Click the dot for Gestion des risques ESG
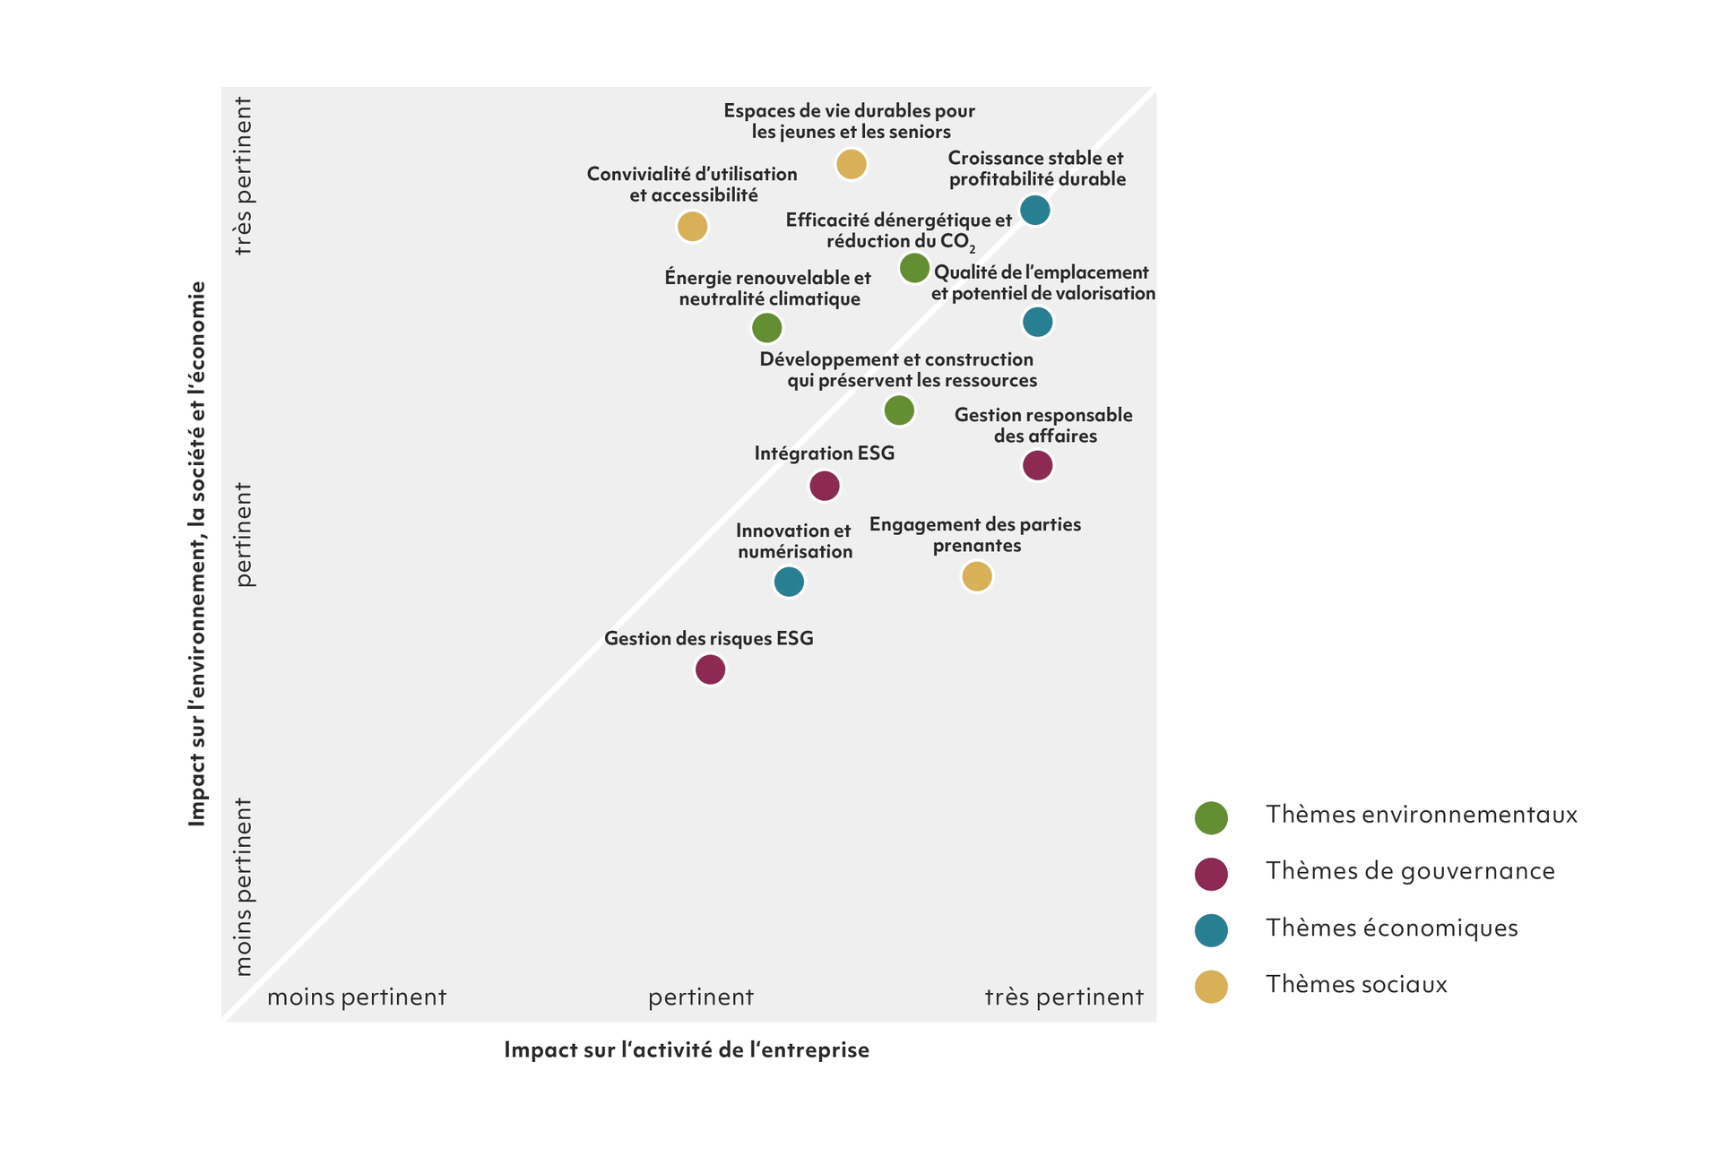pos(710,669)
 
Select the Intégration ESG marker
pos(825,486)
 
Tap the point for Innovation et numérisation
pos(789,582)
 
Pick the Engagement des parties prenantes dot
pos(977,576)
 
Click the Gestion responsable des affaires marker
pos(1037,465)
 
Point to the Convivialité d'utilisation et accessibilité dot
pos(692,226)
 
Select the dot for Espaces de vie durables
pos(851,164)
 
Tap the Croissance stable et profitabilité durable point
pos(1035,211)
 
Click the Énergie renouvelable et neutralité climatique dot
pos(766,328)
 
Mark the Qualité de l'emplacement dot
pos(1037,322)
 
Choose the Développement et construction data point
pos(899,410)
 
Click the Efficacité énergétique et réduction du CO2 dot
pos(914,267)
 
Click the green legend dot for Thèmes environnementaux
pos(1211,817)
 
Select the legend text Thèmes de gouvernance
pos(1410,871)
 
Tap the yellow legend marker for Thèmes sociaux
pos(1211,987)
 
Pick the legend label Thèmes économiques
pos(1391,928)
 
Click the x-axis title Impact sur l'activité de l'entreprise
pos(687,1049)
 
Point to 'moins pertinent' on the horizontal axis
pos(357,997)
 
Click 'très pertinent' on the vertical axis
pos(243,176)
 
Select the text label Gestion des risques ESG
pos(708,638)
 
